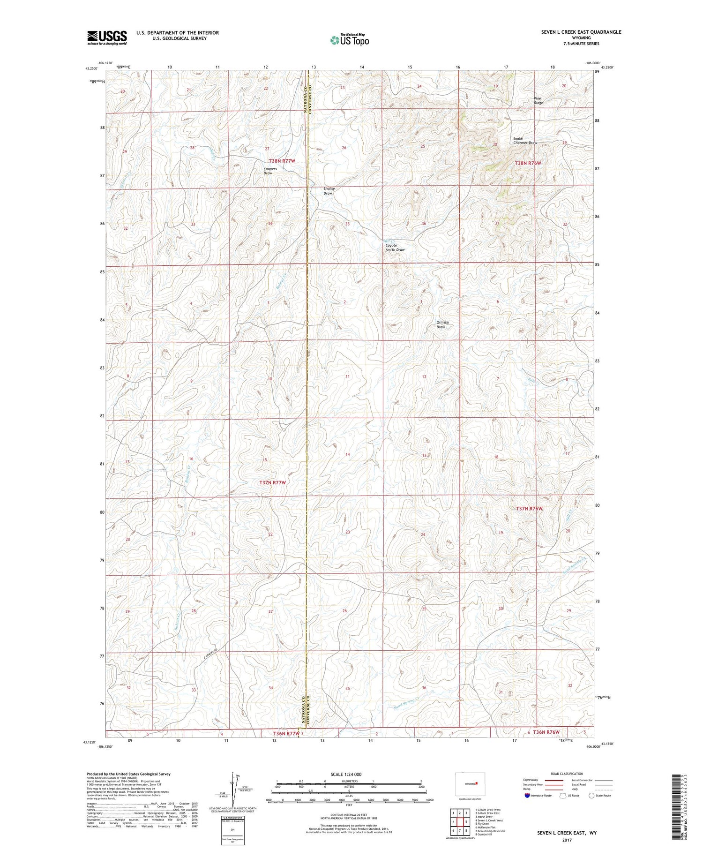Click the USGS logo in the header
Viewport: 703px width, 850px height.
coord(107,38)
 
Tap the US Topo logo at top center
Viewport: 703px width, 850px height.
coord(349,40)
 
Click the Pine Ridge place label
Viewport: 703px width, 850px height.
coord(538,100)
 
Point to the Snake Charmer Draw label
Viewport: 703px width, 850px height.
coord(524,141)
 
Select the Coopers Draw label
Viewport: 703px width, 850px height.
coord(270,171)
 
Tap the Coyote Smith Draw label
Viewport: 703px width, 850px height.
coord(395,248)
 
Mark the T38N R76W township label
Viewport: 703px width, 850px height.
coord(528,163)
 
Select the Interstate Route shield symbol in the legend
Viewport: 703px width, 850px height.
coord(527,795)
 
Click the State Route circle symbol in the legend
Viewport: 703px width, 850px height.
coord(591,795)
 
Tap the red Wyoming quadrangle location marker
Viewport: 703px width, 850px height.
coord(476,782)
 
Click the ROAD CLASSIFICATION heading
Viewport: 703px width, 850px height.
coord(567,774)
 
